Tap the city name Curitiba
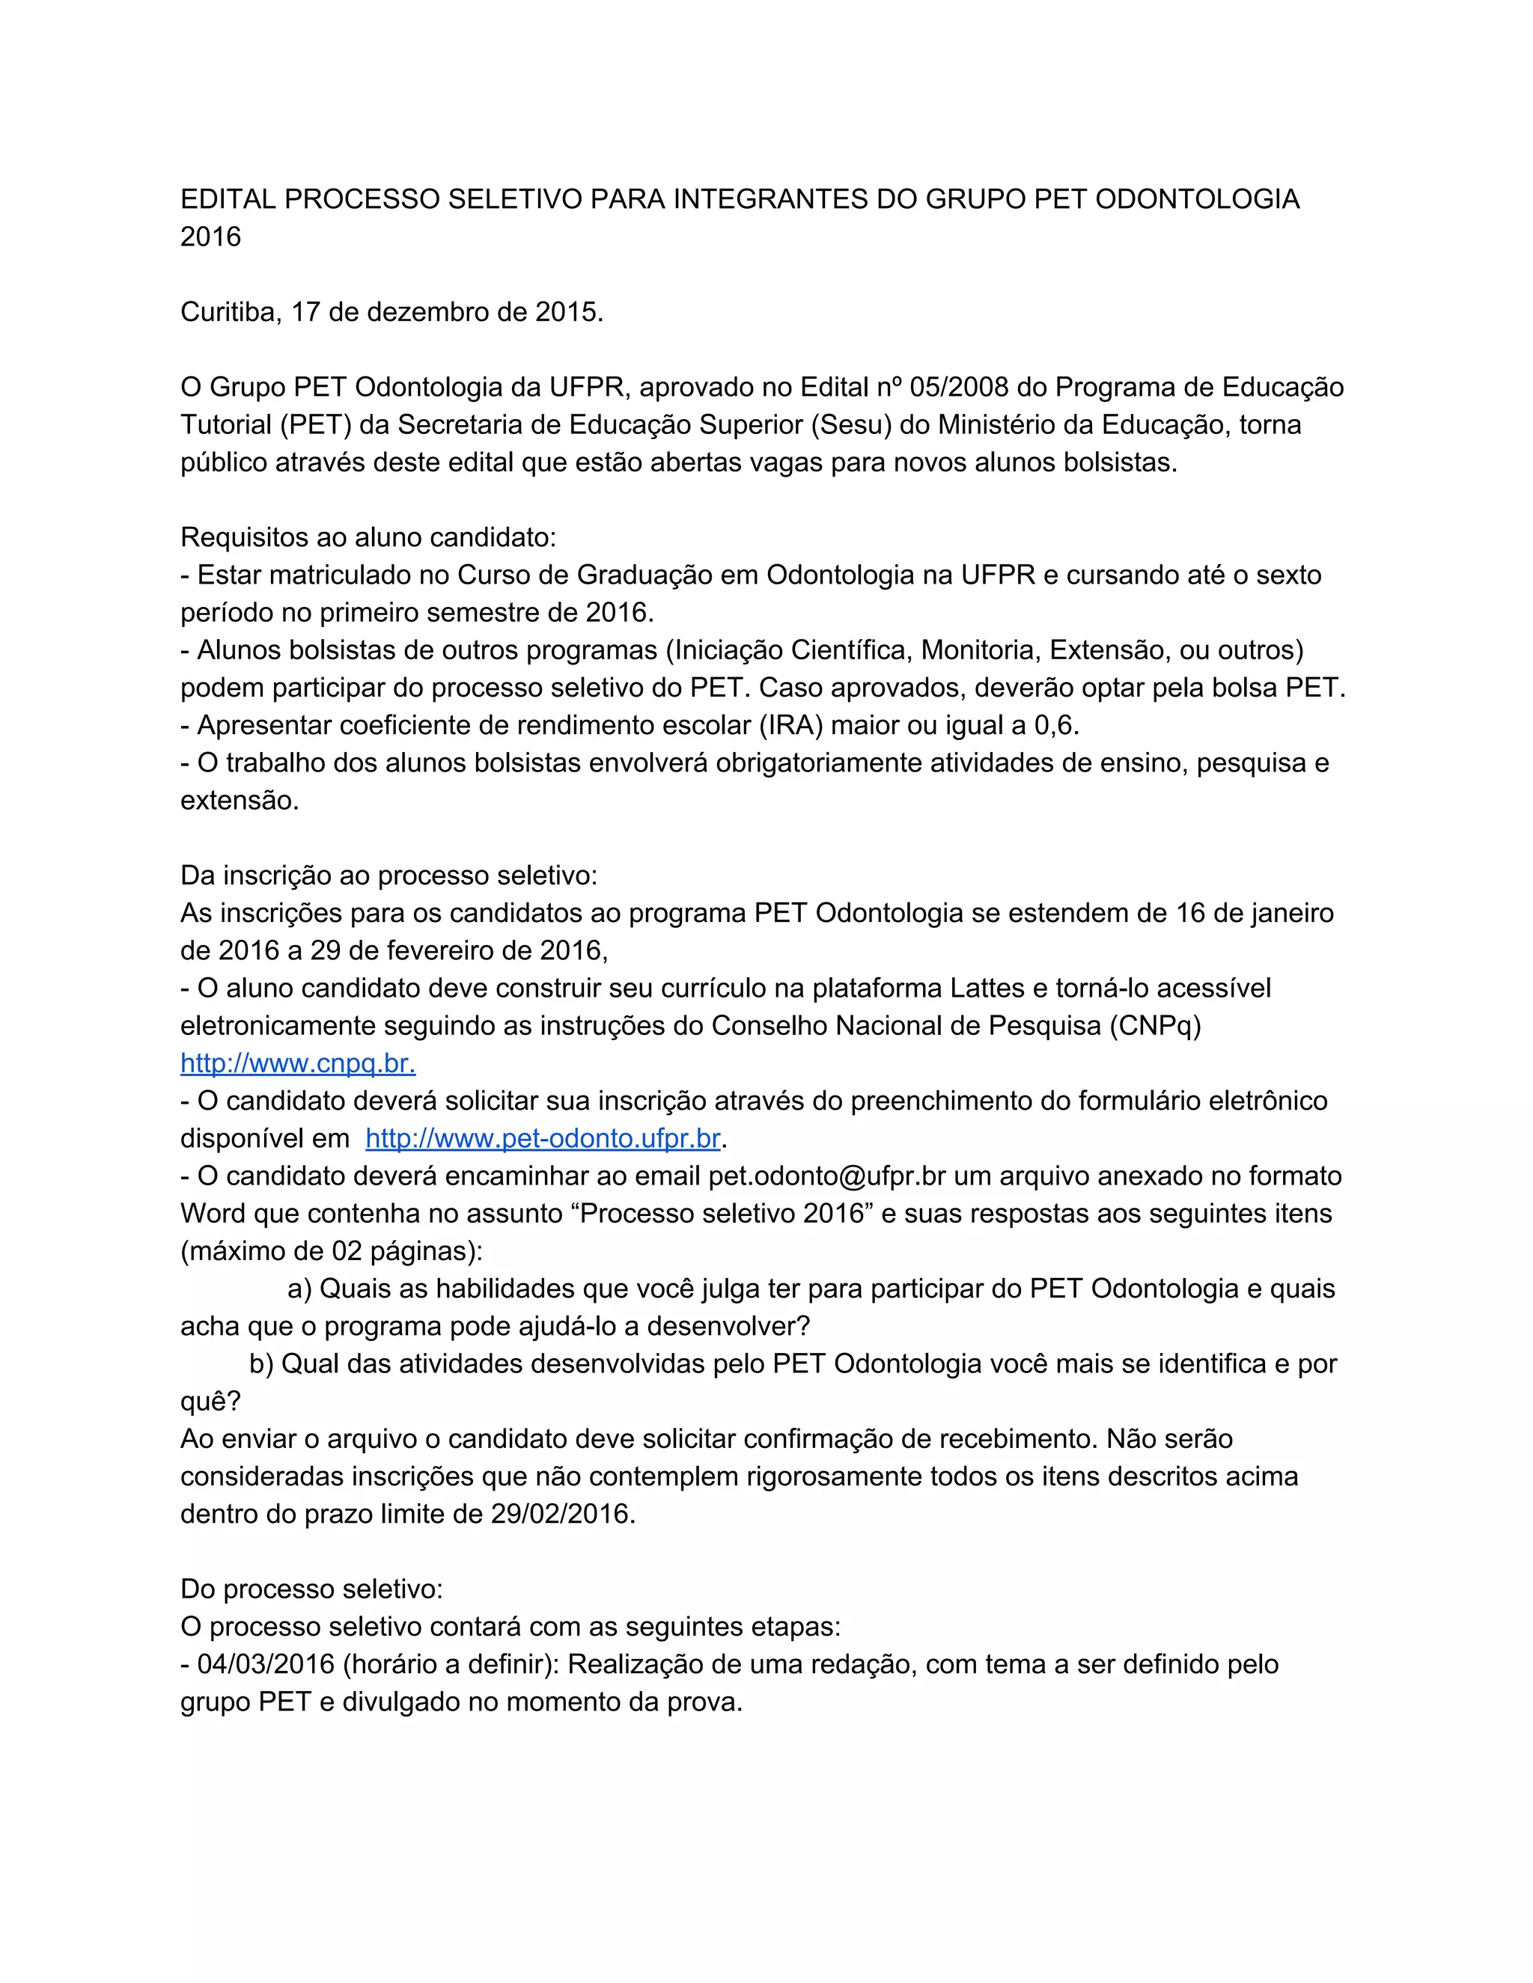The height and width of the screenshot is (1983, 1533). (x=231, y=312)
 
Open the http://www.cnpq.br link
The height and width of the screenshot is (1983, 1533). (x=298, y=1063)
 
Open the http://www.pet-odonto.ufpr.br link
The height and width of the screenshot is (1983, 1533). (x=543, y=1139)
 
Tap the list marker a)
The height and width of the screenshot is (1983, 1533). (x=299, y=1289)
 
